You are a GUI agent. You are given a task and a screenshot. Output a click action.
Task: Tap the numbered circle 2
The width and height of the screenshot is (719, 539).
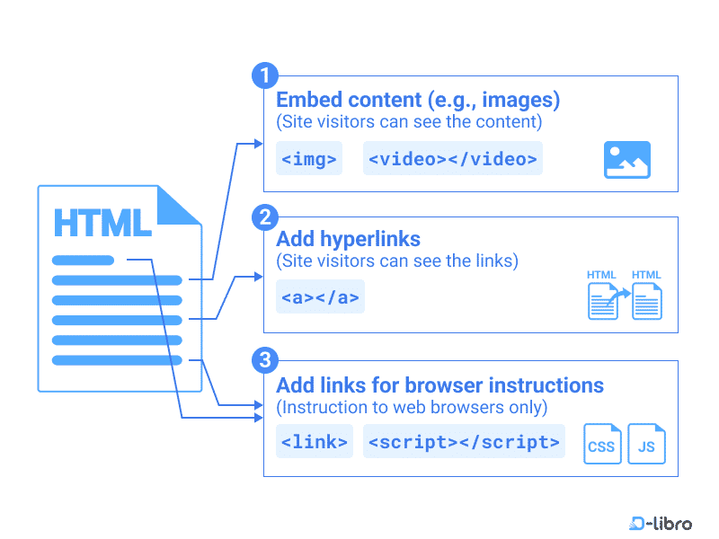tap(264, 216)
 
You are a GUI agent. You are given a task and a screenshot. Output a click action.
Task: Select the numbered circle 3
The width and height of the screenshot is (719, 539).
tap(264, 361)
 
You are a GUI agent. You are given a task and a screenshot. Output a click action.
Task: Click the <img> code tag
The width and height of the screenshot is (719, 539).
tap(309, 159)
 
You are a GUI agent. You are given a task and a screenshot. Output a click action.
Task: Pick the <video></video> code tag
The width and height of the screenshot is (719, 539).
tap(453, 159)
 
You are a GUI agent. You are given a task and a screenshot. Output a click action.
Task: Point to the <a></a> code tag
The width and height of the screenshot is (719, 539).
tap(320, 297)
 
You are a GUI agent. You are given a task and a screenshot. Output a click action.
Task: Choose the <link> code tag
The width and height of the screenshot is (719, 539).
tap(314, 442)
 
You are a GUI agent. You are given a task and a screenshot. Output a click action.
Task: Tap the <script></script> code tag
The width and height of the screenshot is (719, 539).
tap(464, 442)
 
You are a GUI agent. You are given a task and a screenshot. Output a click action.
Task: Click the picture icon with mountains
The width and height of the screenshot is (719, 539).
tap(626, 160)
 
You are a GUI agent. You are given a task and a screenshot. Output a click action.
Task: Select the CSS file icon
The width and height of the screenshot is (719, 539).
tap(601, 444)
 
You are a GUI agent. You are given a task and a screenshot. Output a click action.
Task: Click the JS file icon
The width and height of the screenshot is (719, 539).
tap(646, 444)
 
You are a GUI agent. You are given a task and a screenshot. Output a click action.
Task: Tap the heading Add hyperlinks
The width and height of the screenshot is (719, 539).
tap(348, 240)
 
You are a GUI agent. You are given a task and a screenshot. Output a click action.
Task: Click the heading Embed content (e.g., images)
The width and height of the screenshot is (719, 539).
tap(418, 100)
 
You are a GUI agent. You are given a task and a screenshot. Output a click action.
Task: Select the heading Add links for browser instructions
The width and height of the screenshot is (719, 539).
tap(439, 385)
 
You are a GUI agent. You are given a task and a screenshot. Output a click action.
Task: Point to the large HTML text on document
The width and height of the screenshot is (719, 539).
tap(102, 223)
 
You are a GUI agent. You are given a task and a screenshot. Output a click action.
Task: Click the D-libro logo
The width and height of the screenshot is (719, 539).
tap(661, 523)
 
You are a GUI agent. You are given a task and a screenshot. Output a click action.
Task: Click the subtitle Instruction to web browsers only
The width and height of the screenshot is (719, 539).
tap(413, 408)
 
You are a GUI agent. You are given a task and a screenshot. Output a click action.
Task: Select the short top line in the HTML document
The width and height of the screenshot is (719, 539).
tap(83, 261)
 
